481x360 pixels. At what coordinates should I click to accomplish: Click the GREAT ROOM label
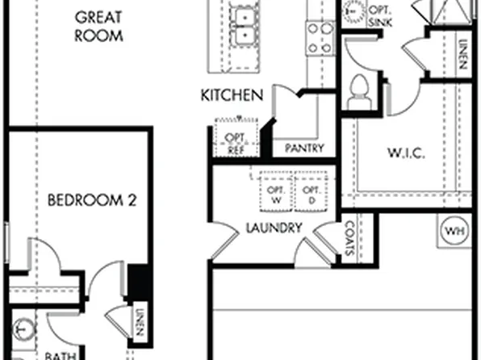point(100,26)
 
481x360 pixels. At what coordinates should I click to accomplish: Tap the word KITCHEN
point(232,96)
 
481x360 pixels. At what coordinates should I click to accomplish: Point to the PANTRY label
point(304,149)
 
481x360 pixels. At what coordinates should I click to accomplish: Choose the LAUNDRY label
point(274,228)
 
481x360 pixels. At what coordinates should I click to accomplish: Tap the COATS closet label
point(349,239)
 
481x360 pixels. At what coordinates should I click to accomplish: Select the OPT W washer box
point(274,194)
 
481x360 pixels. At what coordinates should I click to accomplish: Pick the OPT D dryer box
point(310,194)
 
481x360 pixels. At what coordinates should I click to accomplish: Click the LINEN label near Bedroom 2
point(140,322)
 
